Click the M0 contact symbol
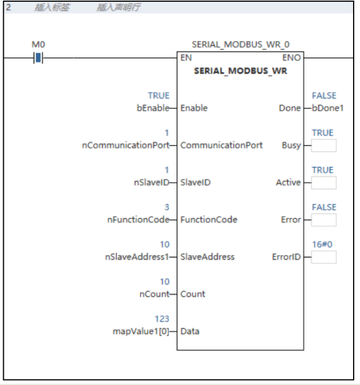(38, 58)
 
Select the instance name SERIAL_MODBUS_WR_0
(241, 45)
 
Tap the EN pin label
(186, 58)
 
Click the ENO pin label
(291, 58)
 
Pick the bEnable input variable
(153, 108)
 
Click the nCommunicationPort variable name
(126, 145)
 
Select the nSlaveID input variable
(151, 183)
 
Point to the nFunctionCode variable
(138, 219)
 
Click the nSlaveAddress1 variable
(137, 257)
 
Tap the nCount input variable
(154, 294)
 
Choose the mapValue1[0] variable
(141, 331)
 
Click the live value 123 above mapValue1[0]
(162, 319)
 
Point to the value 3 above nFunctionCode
(167, 207)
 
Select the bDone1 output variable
(328, 108)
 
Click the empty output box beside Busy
(323, 146)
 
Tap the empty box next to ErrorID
(323, 257)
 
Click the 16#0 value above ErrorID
(322, 244)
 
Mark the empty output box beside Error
(323, 220)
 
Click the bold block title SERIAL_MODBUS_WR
(241, 71)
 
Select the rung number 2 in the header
(8, 7)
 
